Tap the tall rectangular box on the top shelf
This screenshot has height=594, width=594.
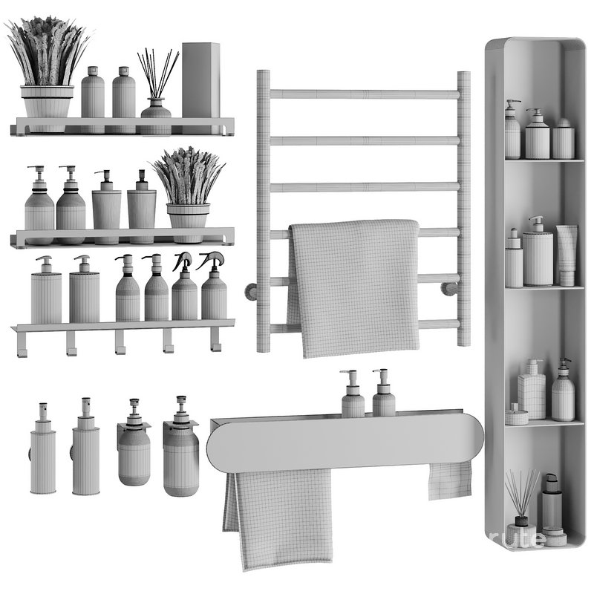pyautogui.click(x=200, y=82)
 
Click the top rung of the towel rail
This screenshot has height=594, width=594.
pyautogui.click(x=364, y=94)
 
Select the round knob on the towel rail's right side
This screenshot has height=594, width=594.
pyautogui.click(x=450, y=289)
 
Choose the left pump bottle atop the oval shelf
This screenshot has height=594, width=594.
pyautogui.click(x=353, y=397)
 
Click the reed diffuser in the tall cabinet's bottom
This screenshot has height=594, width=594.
pyautogui.click(x=521, y=505)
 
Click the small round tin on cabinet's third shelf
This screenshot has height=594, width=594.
pyautogui.click(x=516, y=416)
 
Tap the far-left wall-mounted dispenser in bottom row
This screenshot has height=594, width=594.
pyautogui.click(x=42, y=453)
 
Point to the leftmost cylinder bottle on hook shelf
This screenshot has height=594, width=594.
pyautogui.click(x=46, y=293)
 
